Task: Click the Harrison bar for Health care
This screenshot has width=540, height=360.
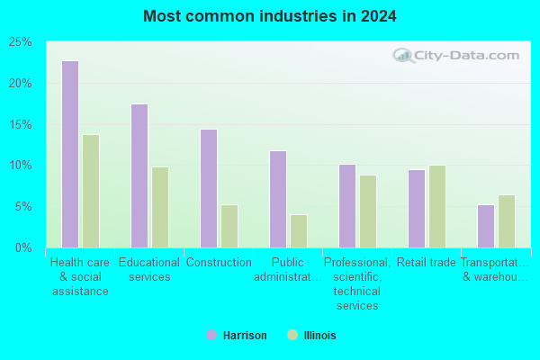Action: pos(70,154)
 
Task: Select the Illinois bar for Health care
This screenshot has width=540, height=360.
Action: pos(91,191)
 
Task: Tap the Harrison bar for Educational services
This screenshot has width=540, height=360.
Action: pos(139,175)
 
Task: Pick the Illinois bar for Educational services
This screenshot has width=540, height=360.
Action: pos(160,207)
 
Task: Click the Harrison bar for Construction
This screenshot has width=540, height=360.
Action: pos(209,188)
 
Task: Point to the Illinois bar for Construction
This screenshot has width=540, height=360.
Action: pos(229,226)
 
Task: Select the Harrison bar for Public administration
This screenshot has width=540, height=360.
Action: pos(278,199)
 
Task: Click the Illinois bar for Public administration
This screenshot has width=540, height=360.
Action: pos(299,230)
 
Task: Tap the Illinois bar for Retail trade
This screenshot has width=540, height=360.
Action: pos(437,206)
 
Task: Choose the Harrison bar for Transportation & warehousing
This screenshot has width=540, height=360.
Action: pos(486,226)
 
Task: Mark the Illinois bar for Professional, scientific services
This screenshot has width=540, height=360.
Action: pos(368,211)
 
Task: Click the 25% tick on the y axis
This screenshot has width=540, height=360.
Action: pos(20,42)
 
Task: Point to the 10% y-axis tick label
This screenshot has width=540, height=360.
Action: pos(20,166)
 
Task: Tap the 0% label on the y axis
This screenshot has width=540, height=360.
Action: pos(23,247)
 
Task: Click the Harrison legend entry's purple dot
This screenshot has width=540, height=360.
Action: pos(211,335)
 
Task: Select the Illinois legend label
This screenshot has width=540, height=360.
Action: pos(319,335)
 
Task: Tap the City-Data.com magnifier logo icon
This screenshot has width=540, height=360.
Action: pos(403,56)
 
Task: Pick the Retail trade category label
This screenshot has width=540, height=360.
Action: pos(427,263)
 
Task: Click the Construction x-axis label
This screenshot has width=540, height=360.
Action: pos(219,263)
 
